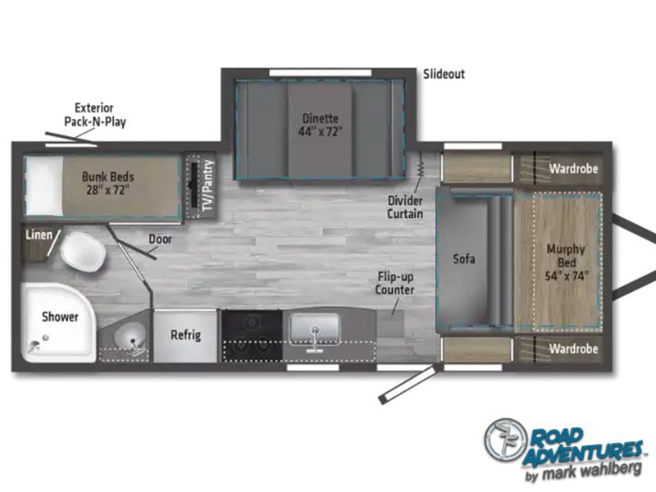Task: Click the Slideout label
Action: pyautogui.click(x=444, y=75)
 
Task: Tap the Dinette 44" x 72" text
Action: pyautogui.click(x=320, y=125)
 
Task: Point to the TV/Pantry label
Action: pyautogui.click(x=208, y=186)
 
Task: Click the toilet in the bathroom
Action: pyautogui.click(x=83, y=252)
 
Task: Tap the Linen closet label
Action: pyautogui.click(x=39, y=235)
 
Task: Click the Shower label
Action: pyautogui.click(x=60, y=317)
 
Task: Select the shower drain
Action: pyautogui.click(x=45, y=337)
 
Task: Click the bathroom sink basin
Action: pyautogui.click(x=130, y=337)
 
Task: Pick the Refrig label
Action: pyautogui.click(x=185, y=335)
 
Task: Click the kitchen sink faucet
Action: pyautogui.click(x=314, y=335)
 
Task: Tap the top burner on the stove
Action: pyautogui.click(x=252, y=322)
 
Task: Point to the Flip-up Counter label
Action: pyautogui.click(x=394, y=283)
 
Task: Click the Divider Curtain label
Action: pyautogui.click(x=405, y=207)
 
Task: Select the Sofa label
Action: pyautogui.click(x=464, y=259)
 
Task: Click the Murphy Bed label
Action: pyautogui.click(x=567, y=262)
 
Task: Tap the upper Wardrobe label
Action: pyautogui.click(x=573, y=169)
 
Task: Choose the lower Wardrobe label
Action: pyautogui.click(x=573, y=348)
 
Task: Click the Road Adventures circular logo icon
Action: pyautogui.click(x=505, y=440)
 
